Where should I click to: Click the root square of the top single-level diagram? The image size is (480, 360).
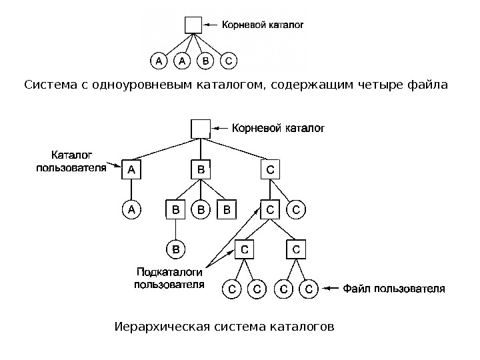point(193,25)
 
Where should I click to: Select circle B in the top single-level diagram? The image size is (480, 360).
point(205,61)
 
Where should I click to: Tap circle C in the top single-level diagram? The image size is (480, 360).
point(228,61)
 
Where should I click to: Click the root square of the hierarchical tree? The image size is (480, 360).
point(200,128)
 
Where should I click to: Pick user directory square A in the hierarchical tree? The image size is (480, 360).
point(131,170)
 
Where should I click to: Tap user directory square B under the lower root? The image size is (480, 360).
point(200,170)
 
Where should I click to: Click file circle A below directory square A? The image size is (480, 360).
point(131,211)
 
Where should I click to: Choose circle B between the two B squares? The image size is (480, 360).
point(200,211)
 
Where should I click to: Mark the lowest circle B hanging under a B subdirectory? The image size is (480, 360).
point(175,249)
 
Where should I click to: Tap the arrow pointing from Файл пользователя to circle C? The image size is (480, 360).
point(331,289)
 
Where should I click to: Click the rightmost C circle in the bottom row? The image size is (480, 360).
point(308,289)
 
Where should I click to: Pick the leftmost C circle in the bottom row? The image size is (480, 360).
point(231,289)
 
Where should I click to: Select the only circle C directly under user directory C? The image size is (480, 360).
point(297,211)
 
